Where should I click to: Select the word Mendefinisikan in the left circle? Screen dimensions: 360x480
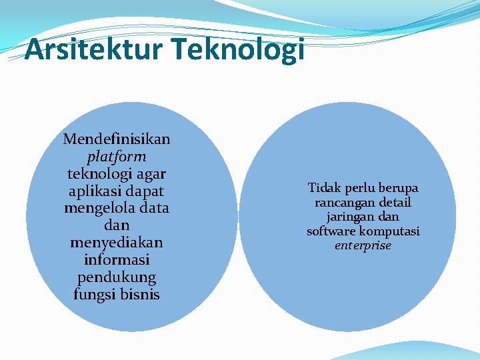pos(117,139)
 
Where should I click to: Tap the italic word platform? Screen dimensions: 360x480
pos(117,157)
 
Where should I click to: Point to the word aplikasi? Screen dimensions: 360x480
pos(91,191)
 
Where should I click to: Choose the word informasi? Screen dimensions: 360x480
pos(117,259)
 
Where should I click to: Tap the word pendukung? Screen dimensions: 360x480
pos(117,277)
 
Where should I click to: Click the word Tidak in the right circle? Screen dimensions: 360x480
pos(324,188)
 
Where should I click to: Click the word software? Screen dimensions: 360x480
pos(331,231)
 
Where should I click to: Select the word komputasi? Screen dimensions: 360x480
pos(389,231)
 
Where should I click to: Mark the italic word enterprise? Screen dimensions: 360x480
pos(363,246)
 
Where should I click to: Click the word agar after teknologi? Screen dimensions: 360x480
pos(151,173)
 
